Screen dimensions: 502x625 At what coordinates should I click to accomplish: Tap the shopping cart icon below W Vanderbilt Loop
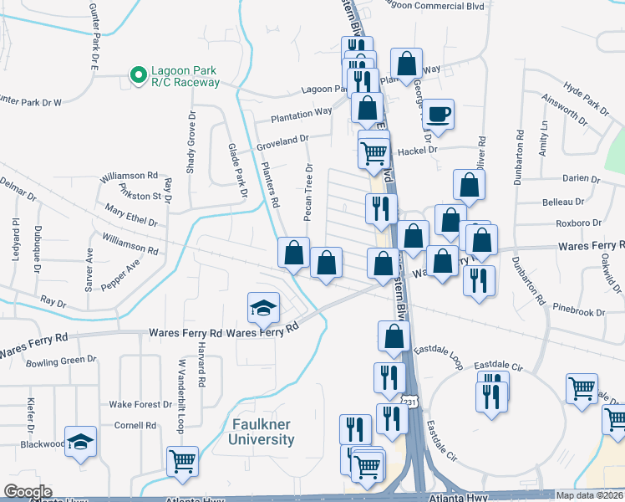click(x=181, y=461)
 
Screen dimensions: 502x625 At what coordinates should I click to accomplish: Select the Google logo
click(x=28, y=493)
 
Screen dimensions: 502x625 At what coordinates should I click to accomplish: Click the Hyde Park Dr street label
click(x=586, y=97)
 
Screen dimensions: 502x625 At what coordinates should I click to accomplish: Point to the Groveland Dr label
click(x=282, y=143)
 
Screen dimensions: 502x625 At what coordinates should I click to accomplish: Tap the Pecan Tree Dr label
click(x=308, y=192)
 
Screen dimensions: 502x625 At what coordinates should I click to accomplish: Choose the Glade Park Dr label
click(x=238, y=170)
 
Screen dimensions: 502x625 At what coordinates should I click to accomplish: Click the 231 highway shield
click(x=407, y=402)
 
